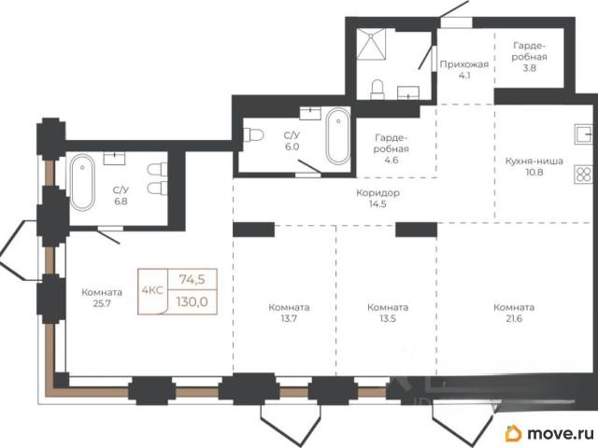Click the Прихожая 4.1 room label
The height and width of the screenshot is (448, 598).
(464, 70)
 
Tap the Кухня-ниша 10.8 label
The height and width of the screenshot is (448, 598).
(534, 166)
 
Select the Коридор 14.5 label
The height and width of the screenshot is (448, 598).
(377, 198)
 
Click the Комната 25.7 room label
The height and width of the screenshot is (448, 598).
(102, 298)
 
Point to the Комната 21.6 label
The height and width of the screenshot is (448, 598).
(514, 313)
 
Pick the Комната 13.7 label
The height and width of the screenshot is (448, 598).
(289, 313)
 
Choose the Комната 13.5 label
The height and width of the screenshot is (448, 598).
(388, 313)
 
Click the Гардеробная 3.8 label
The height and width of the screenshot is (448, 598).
(530, 57)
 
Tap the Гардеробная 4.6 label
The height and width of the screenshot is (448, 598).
(392, 148)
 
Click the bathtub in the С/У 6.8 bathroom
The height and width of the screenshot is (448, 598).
(82, 182)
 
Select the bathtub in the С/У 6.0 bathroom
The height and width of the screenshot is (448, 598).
(338, 136)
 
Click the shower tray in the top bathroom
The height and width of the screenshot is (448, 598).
(371, 45)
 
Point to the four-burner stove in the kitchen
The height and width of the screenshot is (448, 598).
(583, 175)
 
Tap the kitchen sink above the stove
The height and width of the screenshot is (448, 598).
(583, 134)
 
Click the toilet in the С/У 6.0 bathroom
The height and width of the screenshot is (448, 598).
(253, 134)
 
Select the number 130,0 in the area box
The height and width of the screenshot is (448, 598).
(192, 302)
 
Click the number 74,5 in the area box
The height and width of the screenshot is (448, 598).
(192, 280)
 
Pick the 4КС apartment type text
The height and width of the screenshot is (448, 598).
(152, 290)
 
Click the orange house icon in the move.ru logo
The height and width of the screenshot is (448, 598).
(513, 433)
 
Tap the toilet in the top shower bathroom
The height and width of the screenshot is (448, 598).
(377, 90)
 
